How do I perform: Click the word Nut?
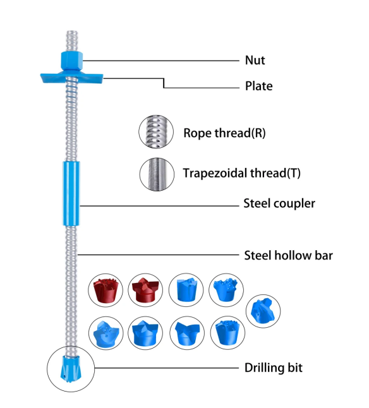click(255, 61)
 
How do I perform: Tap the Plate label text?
click(258, 86)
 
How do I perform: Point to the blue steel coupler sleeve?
click(71, 193)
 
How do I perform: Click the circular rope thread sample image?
click(156, 132)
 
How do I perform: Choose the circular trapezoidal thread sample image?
click(156, 172)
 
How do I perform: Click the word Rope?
click(197, 133)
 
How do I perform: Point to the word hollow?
click(290, 255)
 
